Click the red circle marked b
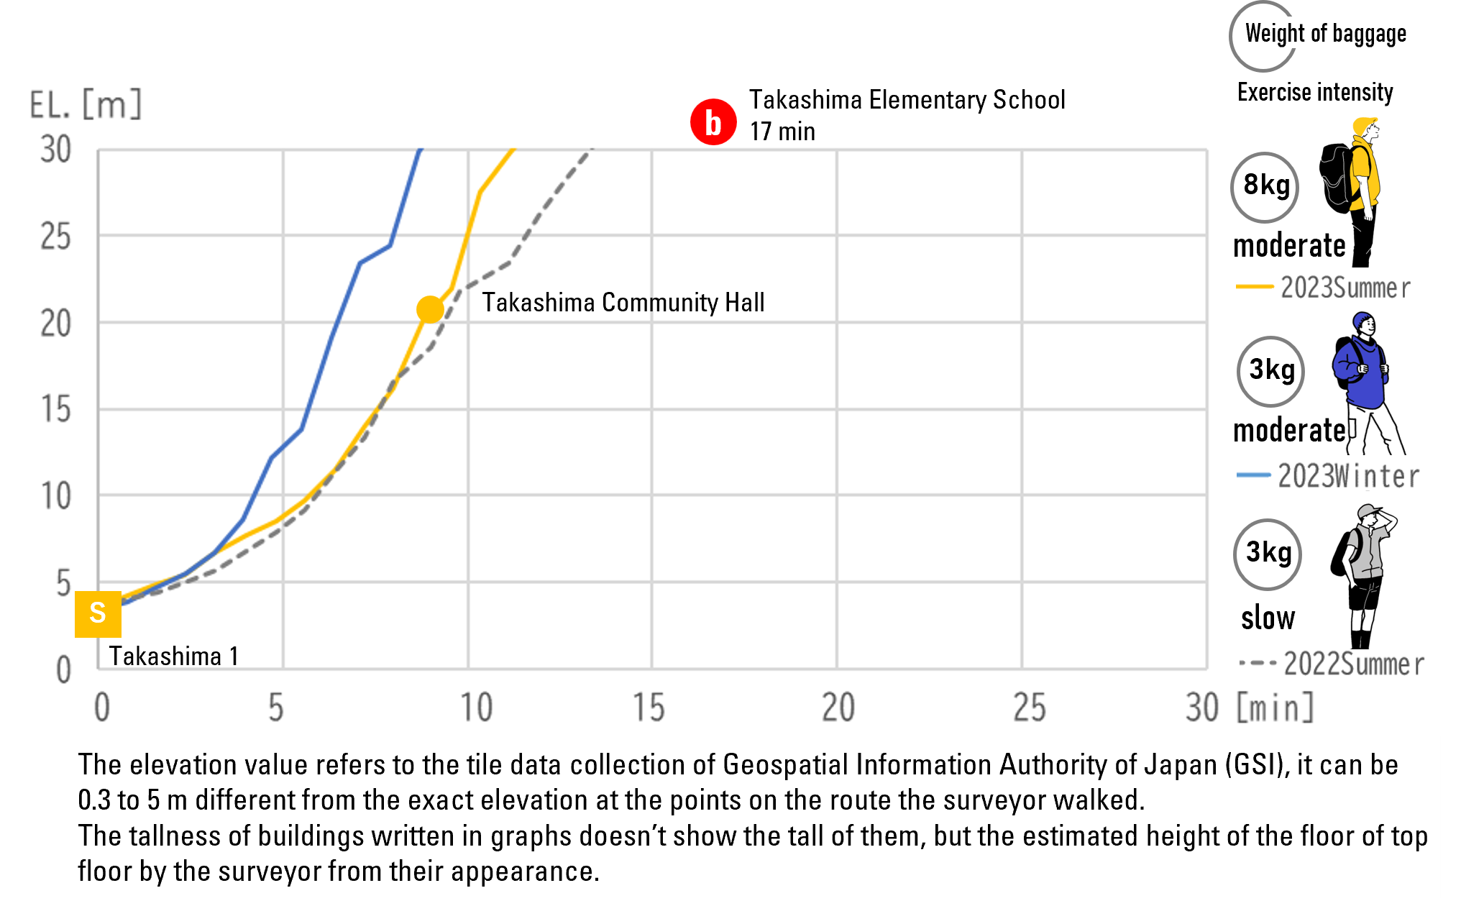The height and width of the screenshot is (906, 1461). click(x=713, y=122)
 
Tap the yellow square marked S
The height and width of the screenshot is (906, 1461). click(x=98, y=614)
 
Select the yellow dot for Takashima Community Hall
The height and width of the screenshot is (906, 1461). click(x=430, y=309)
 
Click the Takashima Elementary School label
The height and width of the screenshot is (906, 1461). click(x=907, y=100)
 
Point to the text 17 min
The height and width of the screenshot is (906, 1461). click(x=782, y=132)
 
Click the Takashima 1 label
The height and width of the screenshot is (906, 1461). click(x=173, y=656)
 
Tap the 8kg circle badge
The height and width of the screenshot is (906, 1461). click(x=1265, y=186)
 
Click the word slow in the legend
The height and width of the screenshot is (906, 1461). click(x=1268, y=618)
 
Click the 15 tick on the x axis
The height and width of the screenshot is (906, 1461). click(x=649, y=708)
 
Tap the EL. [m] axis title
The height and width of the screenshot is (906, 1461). click(x=86, y=105)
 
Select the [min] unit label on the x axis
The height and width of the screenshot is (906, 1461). click(x=1275, y=708)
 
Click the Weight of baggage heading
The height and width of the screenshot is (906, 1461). click(x=1326, y=33)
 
